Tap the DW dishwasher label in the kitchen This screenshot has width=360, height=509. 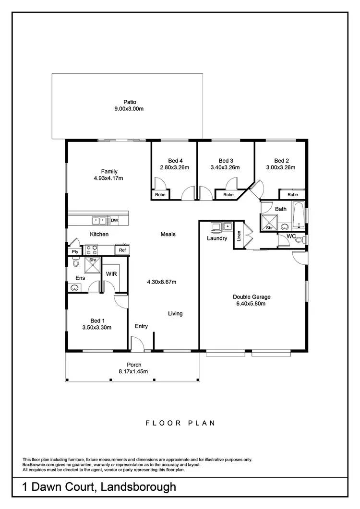point(114,220)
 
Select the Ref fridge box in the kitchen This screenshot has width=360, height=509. point(122,250)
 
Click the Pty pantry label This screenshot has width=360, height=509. point(75,251)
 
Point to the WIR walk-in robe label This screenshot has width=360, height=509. point(111,274)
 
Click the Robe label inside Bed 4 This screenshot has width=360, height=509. point(159,195)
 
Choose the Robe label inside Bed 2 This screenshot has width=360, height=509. point(292,195)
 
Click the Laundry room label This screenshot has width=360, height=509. point(217,238)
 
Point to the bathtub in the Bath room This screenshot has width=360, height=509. point(299,215)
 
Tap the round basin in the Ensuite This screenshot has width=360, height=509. point(74,288)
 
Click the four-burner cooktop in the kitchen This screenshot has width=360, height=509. point(91,250)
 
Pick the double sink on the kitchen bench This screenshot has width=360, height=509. point(100,221)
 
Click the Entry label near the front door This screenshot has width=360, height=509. point(141,326)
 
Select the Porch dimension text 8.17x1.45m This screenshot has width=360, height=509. point(133,371)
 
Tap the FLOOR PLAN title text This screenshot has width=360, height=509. point(180,423)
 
